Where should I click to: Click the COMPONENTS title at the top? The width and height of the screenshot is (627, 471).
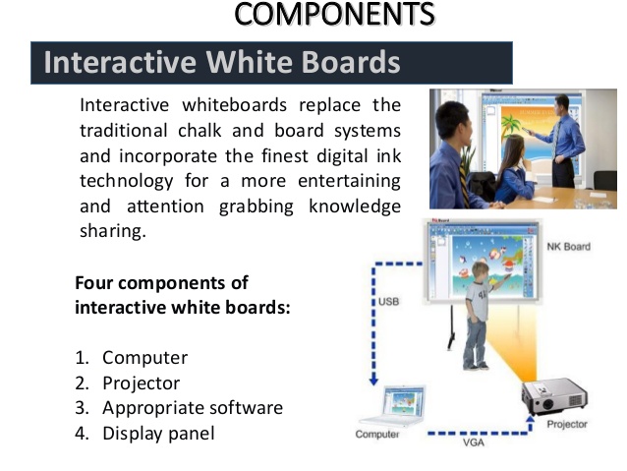coord(334,15)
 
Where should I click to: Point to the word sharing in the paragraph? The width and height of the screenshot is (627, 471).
coord(113,232)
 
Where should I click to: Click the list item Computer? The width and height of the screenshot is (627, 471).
coord(144,358)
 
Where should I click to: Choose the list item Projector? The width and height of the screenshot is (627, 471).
coord(142,383)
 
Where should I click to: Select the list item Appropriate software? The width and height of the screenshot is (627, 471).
coord(193,408)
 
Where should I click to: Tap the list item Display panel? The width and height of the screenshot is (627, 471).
coord(158,434)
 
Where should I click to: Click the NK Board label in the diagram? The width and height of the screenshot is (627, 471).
coord(569,247)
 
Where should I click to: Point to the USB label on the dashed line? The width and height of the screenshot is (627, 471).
coord(388,301)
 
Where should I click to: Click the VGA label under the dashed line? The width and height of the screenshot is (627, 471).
coord(474,442)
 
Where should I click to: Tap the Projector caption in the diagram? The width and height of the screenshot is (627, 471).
coord(567,424)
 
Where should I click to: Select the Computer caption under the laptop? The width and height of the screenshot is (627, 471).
coord(377,435)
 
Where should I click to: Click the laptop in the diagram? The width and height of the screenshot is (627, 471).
coord(394,405)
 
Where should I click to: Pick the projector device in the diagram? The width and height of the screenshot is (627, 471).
coord(554,396)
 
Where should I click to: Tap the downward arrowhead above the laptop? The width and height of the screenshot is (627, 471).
coord(373,380)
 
